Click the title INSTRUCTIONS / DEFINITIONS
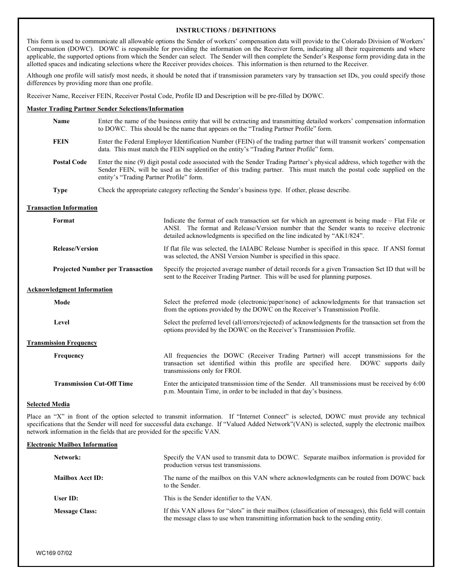[226, 30]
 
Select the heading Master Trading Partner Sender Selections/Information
[105, 109]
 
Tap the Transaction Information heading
[62, 208]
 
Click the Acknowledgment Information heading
[69, 290]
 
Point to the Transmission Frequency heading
[62, 343]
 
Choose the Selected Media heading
[48, 404]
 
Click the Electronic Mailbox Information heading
[72, 445]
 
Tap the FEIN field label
[60, 142]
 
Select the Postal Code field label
[69, 162]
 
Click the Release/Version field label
[75, 249]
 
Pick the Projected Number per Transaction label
[103, 269]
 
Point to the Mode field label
[62, 302]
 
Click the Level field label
[61, 322]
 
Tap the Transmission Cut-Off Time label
[93, 384]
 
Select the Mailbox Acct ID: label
[78, 478]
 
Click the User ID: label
[66, 498]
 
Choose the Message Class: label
[75, 511]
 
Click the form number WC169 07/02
[54, 554]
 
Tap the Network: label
[67, 458]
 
